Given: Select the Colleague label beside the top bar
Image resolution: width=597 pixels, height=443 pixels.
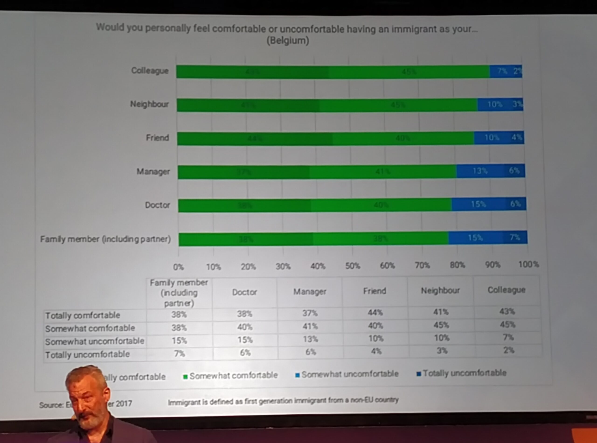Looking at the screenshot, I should point(150,70).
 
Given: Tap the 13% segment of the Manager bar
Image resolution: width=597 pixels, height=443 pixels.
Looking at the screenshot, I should point(480,171).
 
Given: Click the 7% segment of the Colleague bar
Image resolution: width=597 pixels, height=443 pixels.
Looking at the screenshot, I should point(502,71).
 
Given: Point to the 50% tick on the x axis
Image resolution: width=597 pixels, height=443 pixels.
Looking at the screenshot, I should point(352,266).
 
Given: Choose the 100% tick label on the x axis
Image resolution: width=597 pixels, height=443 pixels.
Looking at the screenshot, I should point(528,264).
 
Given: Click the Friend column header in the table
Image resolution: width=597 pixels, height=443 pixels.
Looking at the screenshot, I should point(375,291).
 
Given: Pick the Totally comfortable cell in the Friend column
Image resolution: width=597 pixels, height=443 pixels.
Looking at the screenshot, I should point(375,312).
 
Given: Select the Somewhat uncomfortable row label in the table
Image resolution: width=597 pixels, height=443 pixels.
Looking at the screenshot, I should point(95,341).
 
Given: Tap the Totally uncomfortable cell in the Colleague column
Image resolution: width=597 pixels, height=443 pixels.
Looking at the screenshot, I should point(508,350).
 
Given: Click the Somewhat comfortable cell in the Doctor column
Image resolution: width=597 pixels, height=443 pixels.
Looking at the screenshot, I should point(245,327).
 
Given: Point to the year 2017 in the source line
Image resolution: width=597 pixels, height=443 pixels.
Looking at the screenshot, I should point(124,403).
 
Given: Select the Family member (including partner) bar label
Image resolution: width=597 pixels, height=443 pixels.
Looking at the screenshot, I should point(105,239).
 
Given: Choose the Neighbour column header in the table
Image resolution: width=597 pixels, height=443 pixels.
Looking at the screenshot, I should point(440,290).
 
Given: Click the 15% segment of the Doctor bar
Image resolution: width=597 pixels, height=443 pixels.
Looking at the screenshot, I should point(478,204).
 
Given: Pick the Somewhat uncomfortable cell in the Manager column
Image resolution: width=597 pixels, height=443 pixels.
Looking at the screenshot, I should point(310,339).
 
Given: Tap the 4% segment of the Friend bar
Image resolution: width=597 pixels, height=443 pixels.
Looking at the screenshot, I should point(516,137).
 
